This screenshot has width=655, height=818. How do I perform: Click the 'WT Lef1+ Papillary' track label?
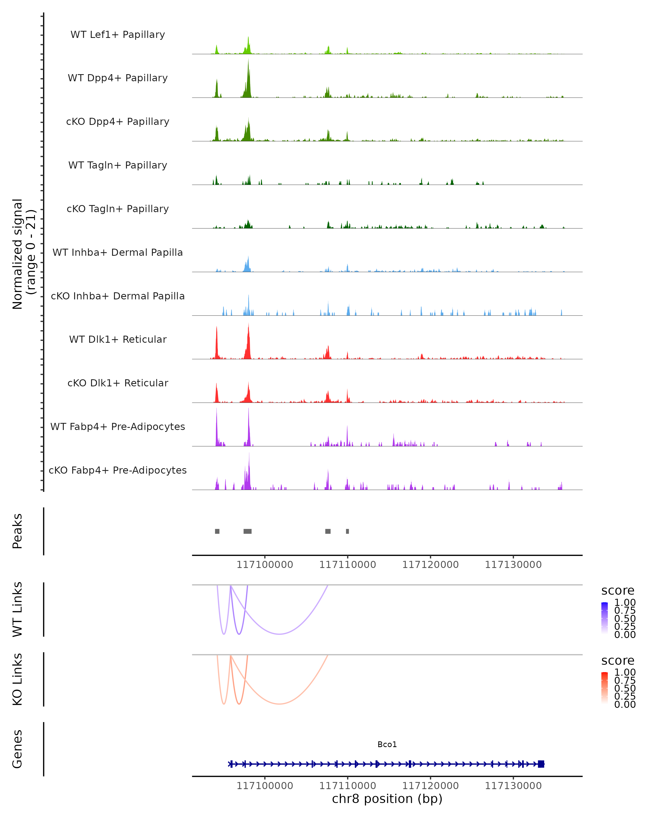(x=118, y=35)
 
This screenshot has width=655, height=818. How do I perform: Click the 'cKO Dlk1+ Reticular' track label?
(x=118, y=383)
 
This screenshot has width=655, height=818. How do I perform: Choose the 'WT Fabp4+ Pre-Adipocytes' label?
(x=118, y=426)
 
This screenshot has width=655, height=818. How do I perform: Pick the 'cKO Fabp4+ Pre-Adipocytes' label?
(x=118, y=470)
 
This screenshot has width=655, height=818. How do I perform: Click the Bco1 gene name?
(x=387, y=744)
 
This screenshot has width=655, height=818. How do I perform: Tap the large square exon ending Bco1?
(x=541, y=764)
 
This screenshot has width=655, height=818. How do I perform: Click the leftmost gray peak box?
(x=217, y=531)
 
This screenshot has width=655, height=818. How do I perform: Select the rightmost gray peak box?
(x=347, y=531)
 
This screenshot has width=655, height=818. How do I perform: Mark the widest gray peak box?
(x=248, y=531)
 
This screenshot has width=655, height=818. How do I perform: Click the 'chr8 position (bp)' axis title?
(x=387, y=799)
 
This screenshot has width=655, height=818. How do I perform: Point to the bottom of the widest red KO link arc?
(x=279, y=703)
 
